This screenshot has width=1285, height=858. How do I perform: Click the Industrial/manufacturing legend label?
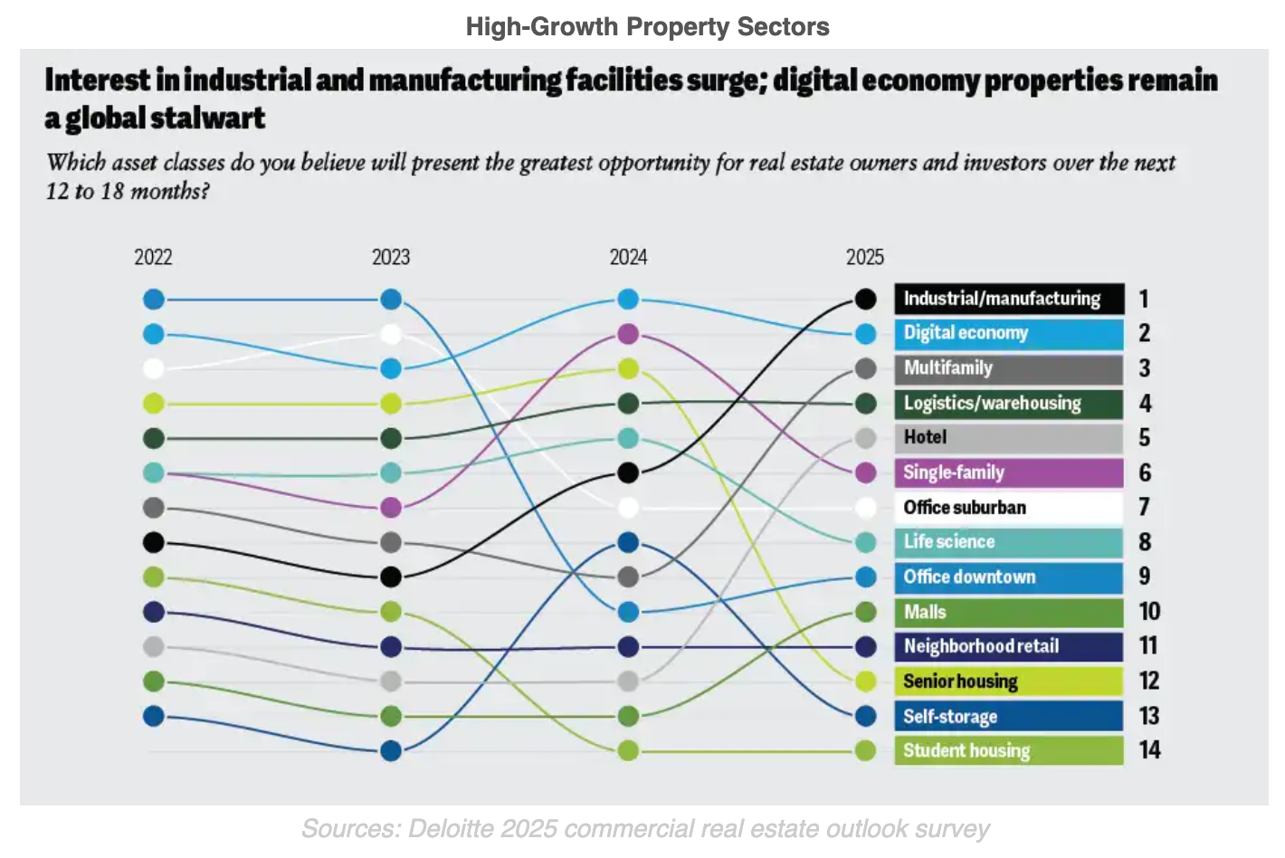pyautogui.click(x=1008, y=299)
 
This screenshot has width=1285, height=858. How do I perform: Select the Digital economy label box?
pyautogui.click(x=1008, y=333)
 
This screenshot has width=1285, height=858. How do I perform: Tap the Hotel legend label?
pyautogui.click(x=1008, y=438)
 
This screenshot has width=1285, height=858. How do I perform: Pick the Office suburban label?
pyautogui.click(x=1008, y=508)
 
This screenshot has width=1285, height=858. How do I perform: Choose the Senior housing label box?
pyautogui.click(x=1008, y=682)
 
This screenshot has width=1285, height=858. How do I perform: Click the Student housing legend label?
pyautogui.click(x=1008, y=751)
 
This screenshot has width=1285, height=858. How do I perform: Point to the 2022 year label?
pyautogui.click(x=153, y=257)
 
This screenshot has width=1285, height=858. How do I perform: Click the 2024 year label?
pyautogui.click(x=628, y=257)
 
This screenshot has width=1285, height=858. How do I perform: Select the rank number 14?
pyautogui.click(x=1149, y=750)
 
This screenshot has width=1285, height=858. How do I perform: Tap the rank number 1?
pyautogui.click(x=1144, y=299)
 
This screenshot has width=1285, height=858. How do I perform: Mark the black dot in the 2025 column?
pyautogui.click(x=865, y=299)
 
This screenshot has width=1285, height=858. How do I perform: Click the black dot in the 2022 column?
pyautogui.click(x=154, y=542)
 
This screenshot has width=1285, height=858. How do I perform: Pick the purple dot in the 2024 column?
pyautogui.click(x=628, y=334)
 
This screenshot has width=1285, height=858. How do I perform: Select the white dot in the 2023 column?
pyautogui.click(x=391, y=334)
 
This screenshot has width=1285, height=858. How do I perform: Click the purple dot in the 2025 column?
pyautogui.click(x=865, y=472)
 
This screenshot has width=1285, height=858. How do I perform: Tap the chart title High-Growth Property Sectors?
pyautogui.click(x=647, y=26)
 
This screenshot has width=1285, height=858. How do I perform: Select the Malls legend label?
pyautogui.click(x=1008, y=612)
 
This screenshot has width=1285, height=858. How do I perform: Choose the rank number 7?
pyautogui.click(x=1144, y=507)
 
